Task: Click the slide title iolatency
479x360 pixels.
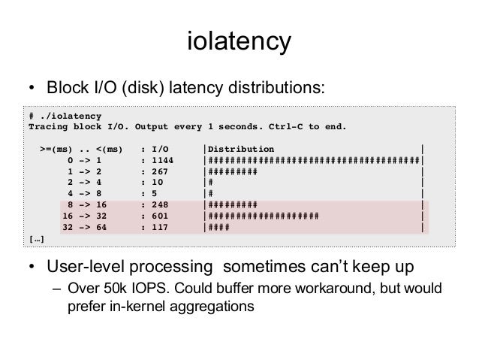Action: coord(239,41)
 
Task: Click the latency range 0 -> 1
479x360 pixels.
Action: coord(84,159)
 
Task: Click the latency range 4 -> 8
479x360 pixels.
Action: coord(84,193)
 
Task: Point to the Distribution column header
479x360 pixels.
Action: coord(241,148)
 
